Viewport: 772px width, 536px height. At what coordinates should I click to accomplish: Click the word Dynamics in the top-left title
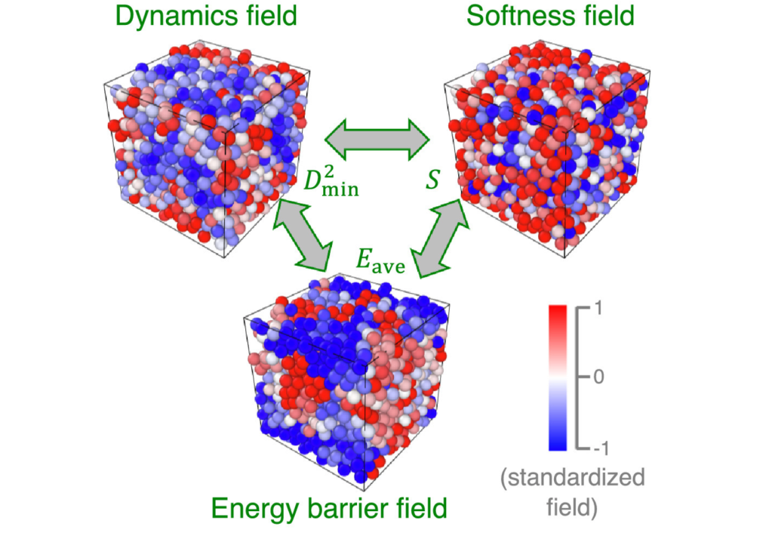point(162,16)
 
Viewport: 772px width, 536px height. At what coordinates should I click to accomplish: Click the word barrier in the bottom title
point(343,510)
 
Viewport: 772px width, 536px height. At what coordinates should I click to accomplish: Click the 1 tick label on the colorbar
point(598,308)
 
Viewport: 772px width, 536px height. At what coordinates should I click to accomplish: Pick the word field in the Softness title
point(607,16)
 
